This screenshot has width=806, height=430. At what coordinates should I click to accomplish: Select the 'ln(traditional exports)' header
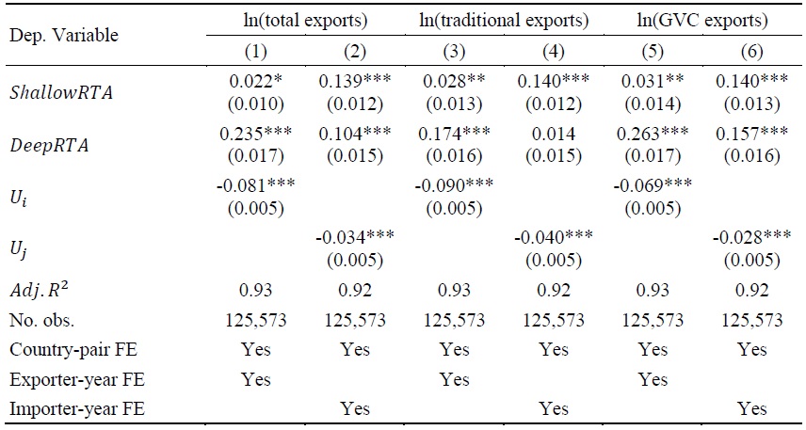tap(504, 19)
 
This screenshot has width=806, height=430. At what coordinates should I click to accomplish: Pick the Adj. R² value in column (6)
tap(750, 293)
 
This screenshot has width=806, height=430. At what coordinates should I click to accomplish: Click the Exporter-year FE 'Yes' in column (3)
tap(455, 379)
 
